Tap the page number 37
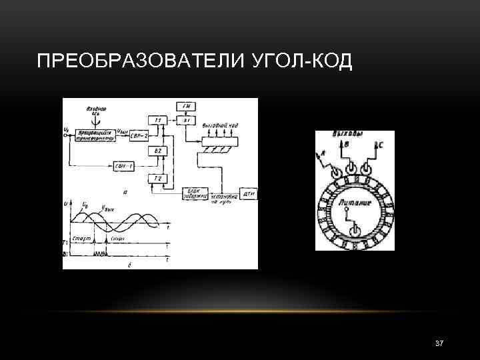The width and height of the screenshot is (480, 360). tap(439, 343)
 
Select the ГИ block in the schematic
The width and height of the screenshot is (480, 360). tap(185, 106)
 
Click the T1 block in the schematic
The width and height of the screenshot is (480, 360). tap(158, 120)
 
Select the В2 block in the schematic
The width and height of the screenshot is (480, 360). tap(158, 152)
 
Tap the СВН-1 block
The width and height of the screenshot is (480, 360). tap(125, 166)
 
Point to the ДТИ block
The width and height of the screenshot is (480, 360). tap(249, 193)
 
